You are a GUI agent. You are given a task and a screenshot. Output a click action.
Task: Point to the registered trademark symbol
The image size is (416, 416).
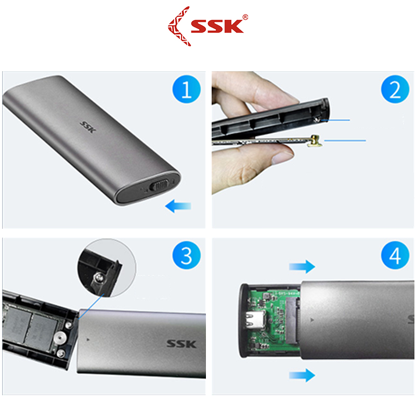[245, 17]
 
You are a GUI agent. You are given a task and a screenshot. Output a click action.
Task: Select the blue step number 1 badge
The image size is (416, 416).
[186, 90]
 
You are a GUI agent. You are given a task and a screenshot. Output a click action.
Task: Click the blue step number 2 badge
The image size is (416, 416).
[395, 90]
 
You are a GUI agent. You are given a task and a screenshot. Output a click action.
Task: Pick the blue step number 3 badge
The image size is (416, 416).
[186, 256]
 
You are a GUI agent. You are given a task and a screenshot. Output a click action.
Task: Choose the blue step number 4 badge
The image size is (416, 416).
[395, 256]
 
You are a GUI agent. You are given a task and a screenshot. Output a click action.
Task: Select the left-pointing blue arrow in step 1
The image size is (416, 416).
[178, 206]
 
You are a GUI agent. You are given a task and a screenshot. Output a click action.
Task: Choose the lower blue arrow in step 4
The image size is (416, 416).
[302, 374]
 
